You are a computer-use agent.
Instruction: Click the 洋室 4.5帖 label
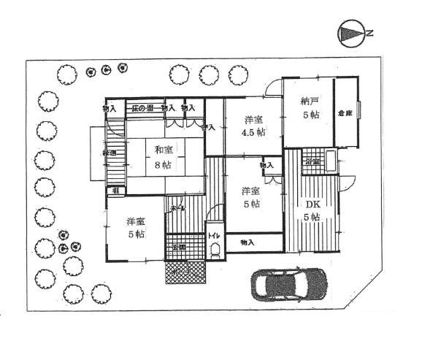pyautogui.click(x=254, y=125)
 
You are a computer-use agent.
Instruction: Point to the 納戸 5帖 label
pyautogui.click(x=310, y=109)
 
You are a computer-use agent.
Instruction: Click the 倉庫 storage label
pyautogui.click(x=345, y=114)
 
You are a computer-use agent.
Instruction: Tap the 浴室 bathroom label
pyautogui.click(x=312, y=161)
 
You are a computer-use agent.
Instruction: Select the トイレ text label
pyautogui.click(x=214, y=236)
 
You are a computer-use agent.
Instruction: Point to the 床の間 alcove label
pyautogui.click(x=142, y=108)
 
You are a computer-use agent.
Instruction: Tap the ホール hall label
pyautogui.click(x=177, y=208)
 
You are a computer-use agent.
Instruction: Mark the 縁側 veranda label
pyautogui.click(x=108, y=153)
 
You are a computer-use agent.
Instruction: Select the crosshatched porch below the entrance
pyautogui.click(x=187, y=272)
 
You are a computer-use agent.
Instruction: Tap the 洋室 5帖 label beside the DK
pyautogui.click(x=250, y=198)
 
